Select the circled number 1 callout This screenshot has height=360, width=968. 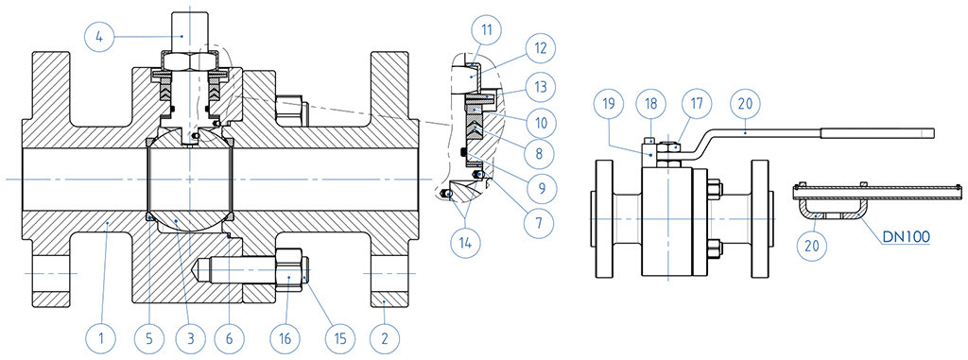[x=100, y=337]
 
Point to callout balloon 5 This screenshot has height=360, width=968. [x=150, y=337]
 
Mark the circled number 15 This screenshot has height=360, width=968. [x=339, y=337]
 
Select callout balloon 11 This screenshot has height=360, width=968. [x=487, y=28]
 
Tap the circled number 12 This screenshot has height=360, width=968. [x=540, y=48]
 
